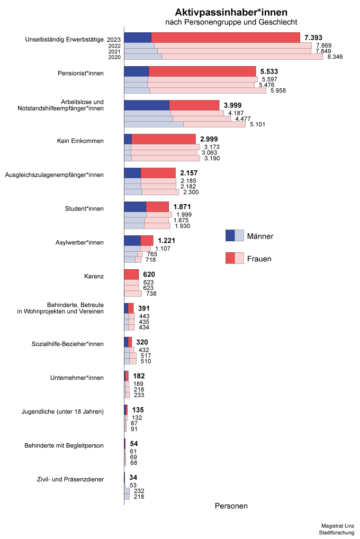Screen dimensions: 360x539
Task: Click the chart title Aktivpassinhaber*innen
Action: point(231,12)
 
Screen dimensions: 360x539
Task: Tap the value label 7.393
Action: point(313,38)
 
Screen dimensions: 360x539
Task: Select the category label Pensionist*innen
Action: point(80,73)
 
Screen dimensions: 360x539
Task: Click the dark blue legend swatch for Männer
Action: point(230,235)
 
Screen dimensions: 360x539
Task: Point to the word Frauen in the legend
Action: point(259,259)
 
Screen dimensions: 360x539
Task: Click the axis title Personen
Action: point(231,506)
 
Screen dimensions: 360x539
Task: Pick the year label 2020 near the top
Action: point(114,57)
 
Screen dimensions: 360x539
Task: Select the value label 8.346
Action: point(335,57)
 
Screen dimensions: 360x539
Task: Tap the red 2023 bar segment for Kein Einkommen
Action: point(164,139)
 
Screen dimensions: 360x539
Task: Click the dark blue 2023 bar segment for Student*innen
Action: point(135,207)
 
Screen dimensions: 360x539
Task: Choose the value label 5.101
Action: point(257,124)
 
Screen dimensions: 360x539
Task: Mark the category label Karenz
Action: point(94,276)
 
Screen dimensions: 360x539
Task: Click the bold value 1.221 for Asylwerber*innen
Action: point(166,241)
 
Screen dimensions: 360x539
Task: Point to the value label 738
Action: point(151,294)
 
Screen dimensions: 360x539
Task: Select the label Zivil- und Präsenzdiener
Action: point(70,480)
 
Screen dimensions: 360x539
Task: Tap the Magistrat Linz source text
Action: point(338,526)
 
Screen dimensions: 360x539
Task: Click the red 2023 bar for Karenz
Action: point(131,275)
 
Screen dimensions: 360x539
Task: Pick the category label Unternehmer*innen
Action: point(77,378)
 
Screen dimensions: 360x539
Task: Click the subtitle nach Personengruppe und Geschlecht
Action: point(231,22)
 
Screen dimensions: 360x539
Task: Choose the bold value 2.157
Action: point(189,173)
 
